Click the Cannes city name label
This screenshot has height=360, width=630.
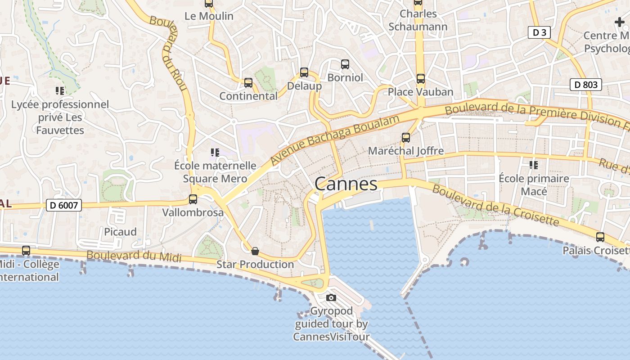(x=346, y=184)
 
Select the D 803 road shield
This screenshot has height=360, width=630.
(x=586, y=85)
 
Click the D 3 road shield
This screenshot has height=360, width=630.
(x=539, y=32)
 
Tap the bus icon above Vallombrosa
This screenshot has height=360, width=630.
(x=193, y=199)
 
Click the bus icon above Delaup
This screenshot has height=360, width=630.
(x=304, y=72)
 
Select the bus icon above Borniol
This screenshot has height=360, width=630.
(x=345, y=64)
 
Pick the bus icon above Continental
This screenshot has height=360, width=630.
(x=248, y=83)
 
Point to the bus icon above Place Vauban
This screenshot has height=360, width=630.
(x=420, y=79)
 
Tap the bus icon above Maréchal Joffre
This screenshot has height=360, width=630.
(x=406, y=138)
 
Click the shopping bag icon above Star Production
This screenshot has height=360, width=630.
(x=255, y=251)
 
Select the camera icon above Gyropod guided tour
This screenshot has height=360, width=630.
(x=331, y=297)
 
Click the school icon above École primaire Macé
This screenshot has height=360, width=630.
(x=534, y=165)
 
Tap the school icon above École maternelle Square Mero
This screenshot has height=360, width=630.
(x=215, y=153)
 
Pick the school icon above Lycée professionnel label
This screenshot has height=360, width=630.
(x=60, y=91)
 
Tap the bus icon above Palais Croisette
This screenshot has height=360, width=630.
(x=600, y=237)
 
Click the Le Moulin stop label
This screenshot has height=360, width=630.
(x=209, y=16)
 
